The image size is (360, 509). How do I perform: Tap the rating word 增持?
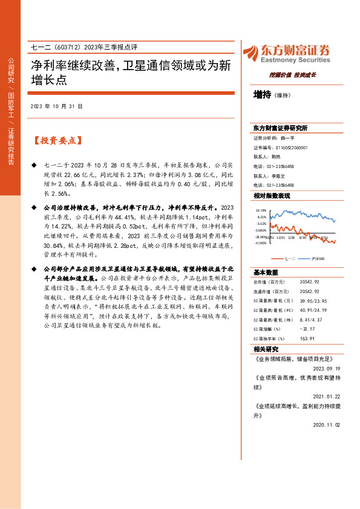(x=262, y=94)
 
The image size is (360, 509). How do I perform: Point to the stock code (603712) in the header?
(x=72, y=49)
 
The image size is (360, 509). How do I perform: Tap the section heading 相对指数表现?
(x=272, y=196)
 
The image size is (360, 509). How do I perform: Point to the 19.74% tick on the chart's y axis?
(x=261, y=210)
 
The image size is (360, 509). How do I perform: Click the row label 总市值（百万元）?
(x=269, y=281)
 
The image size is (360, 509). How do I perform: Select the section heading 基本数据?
(x=266, y=271)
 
